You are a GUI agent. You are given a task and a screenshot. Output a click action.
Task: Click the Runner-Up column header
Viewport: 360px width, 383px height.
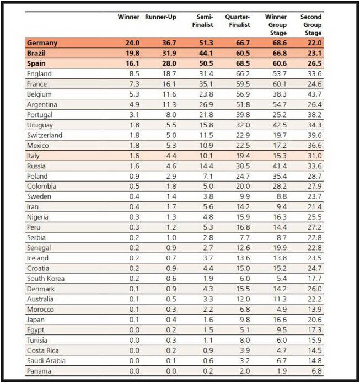pyautogui.click(x=160, y=17)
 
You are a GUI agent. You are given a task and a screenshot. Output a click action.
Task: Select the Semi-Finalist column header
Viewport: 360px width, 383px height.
pyautogui.click(x=202, y=21)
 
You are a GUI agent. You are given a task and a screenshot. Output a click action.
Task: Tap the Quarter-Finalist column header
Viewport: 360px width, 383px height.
pyautogui.click(x=238, y=21)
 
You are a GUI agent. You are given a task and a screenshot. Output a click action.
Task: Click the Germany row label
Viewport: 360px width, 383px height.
pyautogui.click(x=42, y=43)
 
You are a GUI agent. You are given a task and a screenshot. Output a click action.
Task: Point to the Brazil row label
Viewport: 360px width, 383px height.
pyautogui.click(x=36, y=53)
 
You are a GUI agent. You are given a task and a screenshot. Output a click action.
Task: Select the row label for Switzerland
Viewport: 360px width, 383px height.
pyautogui.click(x=45, y=135)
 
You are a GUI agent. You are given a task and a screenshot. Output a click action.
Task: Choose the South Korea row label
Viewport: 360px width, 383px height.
pyautogui.click(x=46, y=279)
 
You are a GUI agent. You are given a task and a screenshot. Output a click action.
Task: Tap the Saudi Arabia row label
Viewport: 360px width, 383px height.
pyautogui.click(x=46, y=361)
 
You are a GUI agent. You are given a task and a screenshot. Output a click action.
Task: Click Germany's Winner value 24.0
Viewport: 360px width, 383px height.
pyautogui.click(x=132, y=43)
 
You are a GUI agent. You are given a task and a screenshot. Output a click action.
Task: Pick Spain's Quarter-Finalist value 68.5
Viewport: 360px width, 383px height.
pyautogui.click(x=243, y=63)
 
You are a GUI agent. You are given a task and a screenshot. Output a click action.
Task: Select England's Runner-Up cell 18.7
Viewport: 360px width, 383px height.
pyautogui.click(x=169, y=74)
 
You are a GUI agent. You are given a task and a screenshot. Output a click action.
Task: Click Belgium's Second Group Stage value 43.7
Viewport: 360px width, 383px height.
pyautogui.click(x=315, y=94)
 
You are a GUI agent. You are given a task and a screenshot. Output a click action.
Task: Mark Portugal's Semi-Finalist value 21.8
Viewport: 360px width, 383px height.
pyautogui.click(x=206, y=115)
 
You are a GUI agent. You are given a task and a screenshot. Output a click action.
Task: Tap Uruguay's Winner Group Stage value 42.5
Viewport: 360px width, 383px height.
pyautogui.click(x=280, y=125)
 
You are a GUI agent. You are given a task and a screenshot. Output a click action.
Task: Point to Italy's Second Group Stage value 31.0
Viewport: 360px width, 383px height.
pyautogui.click(x=315, y=156)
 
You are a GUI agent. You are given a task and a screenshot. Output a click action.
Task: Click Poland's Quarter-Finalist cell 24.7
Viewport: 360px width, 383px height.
pyautogui.click(x=243, y=177)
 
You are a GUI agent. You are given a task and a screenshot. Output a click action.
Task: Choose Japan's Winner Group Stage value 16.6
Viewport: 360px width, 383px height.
pyautogui.click(x=280, y=320)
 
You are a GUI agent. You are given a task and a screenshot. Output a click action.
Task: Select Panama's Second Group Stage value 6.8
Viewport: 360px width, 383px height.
pyautogui.click(x=316, y=371)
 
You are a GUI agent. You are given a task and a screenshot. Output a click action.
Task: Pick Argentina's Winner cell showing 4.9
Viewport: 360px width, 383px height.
pyautogui.click(x=134, y=104)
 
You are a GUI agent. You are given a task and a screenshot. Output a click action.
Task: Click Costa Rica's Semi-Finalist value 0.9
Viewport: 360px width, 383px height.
pyautogui.click(x=208, y=350)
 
